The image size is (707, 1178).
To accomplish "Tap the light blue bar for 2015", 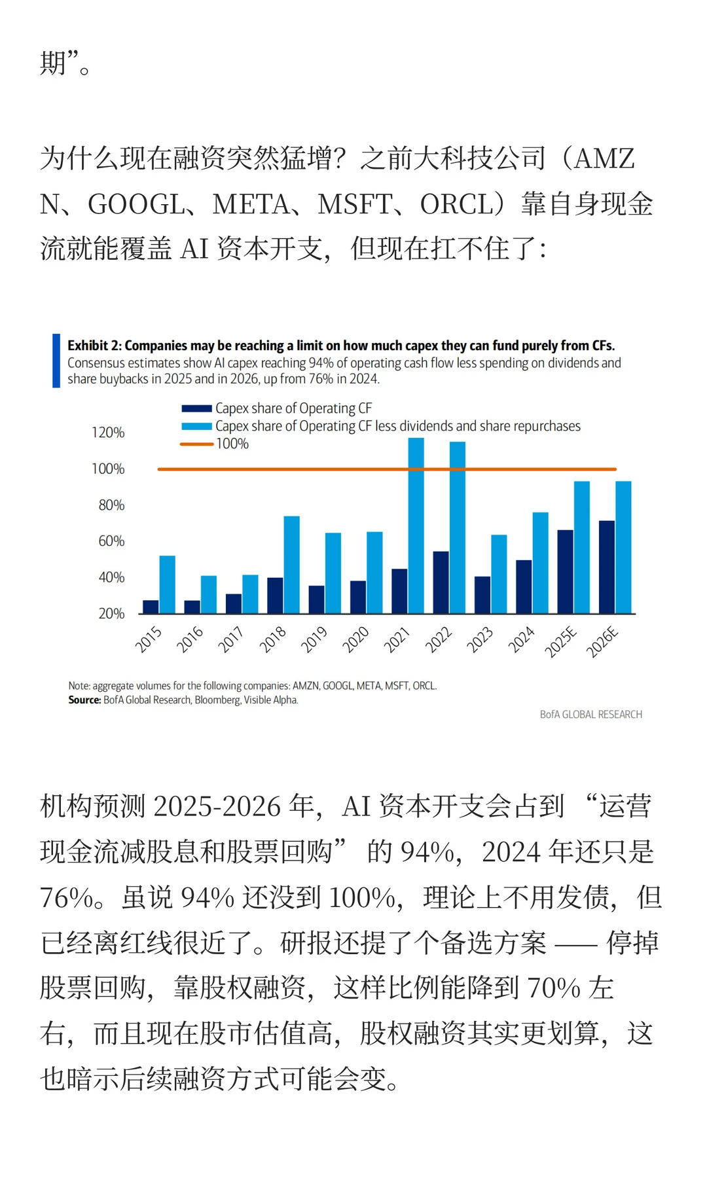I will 167,584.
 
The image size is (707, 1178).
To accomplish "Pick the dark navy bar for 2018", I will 275,595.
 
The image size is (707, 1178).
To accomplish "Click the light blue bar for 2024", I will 540,562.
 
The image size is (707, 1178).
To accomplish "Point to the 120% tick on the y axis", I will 108,433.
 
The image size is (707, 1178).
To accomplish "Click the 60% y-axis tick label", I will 111,541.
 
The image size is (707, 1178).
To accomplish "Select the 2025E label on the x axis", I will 561,641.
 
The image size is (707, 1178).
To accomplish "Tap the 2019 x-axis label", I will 314,639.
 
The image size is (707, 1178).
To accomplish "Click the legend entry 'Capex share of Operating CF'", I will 293,408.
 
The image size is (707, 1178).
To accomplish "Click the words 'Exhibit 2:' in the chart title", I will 94,346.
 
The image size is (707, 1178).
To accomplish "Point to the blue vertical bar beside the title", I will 56,361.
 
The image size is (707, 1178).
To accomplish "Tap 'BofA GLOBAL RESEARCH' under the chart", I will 590,715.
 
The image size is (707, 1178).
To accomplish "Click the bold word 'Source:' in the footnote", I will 84,700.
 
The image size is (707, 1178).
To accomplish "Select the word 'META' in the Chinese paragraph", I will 251,204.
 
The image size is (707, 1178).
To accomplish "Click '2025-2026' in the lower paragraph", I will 217,806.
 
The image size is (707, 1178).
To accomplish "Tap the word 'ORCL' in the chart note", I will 424,686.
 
